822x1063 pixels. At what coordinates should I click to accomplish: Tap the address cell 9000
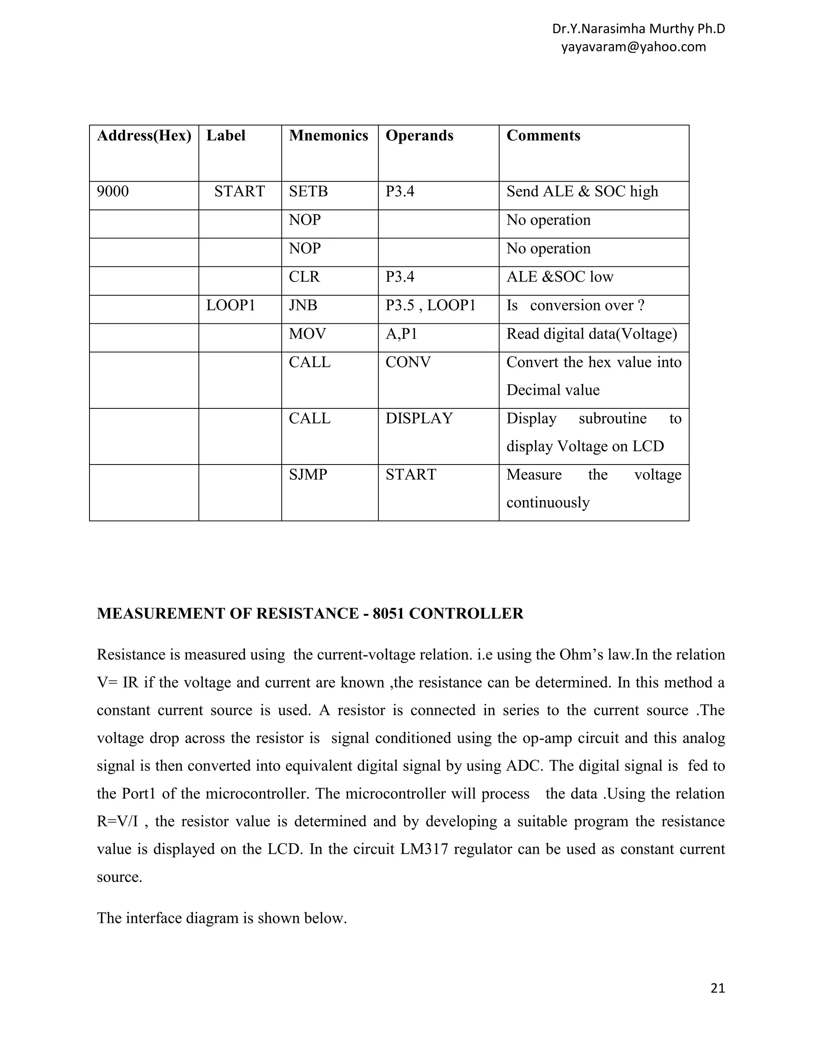coord(113,191)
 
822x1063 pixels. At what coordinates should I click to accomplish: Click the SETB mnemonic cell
coord(308,191)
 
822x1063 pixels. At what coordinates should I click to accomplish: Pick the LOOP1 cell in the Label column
coord(230,305)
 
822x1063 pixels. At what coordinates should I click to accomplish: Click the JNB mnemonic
coord(303,305)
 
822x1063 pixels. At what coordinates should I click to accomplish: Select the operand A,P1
coord(401,334)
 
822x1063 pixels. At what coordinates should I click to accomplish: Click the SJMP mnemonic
coord(308,475)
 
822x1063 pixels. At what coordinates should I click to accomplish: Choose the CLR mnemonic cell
coord(304,277)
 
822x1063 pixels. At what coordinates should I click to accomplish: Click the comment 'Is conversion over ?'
coord(575,305)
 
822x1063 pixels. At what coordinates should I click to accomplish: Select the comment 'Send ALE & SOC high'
coord(582,191)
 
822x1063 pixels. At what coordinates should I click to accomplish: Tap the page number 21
coord(718,988)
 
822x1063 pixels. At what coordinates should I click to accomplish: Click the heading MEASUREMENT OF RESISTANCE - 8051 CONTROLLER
coord(310,613)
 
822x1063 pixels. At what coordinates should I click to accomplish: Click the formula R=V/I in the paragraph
coord(117,822)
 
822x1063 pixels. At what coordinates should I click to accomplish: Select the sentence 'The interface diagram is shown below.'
coord(222,918)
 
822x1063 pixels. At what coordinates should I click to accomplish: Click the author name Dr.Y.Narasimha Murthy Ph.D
coord(639,29)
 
